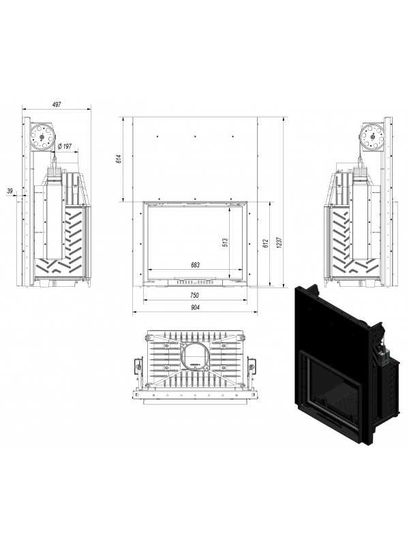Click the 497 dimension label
pos(57,104)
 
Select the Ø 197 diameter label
pos(65,146)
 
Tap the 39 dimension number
pos(9,191)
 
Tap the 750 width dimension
pos(194,295)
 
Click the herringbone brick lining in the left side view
pos(75,238)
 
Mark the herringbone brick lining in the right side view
pos(340,238)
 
